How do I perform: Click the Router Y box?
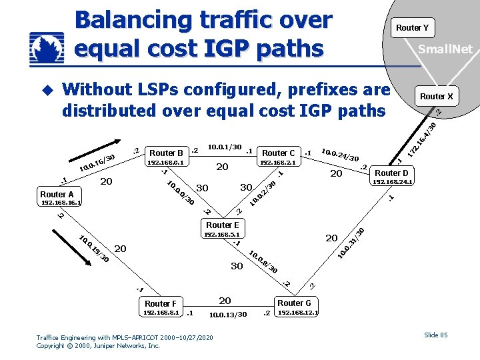point(412,27)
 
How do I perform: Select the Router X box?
point(436,97)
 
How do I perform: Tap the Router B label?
point(167,153)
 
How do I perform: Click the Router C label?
point(279,153)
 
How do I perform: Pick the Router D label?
point(391,173)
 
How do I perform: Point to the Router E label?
point(222,225)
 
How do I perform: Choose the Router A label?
point(57,195)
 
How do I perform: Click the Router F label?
point(161,303)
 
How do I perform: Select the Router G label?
point(295,303)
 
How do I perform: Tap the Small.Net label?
point(445,49)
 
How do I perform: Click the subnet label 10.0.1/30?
point(225,147)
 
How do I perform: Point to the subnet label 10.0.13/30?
point(228,315)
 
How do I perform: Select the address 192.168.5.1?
point(222,234)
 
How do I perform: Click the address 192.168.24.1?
point(393,181)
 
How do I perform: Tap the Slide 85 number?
point(436,335)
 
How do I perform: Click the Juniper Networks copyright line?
point(98,346)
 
